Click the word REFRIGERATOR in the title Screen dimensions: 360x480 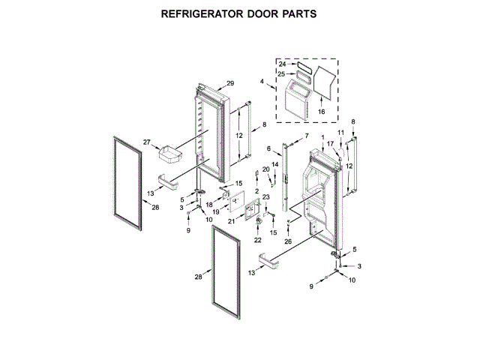[x=198, y=13]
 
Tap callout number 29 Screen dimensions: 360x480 [x=230, y=82]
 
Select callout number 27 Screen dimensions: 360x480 [x=147, y=141]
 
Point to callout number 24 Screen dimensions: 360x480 [x=283, y=64]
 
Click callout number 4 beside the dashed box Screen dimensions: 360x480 [x=262, y=81]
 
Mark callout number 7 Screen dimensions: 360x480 [x=306, y=136]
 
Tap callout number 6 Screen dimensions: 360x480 [x=268, y=149]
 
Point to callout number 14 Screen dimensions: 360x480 [x=274, y=163]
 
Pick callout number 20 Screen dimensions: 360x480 [x=265, y=169]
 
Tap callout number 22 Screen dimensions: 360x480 [x=258, y=240]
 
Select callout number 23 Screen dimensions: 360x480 [x=265, y=196]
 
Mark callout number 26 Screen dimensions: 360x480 [x=288, y=241]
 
